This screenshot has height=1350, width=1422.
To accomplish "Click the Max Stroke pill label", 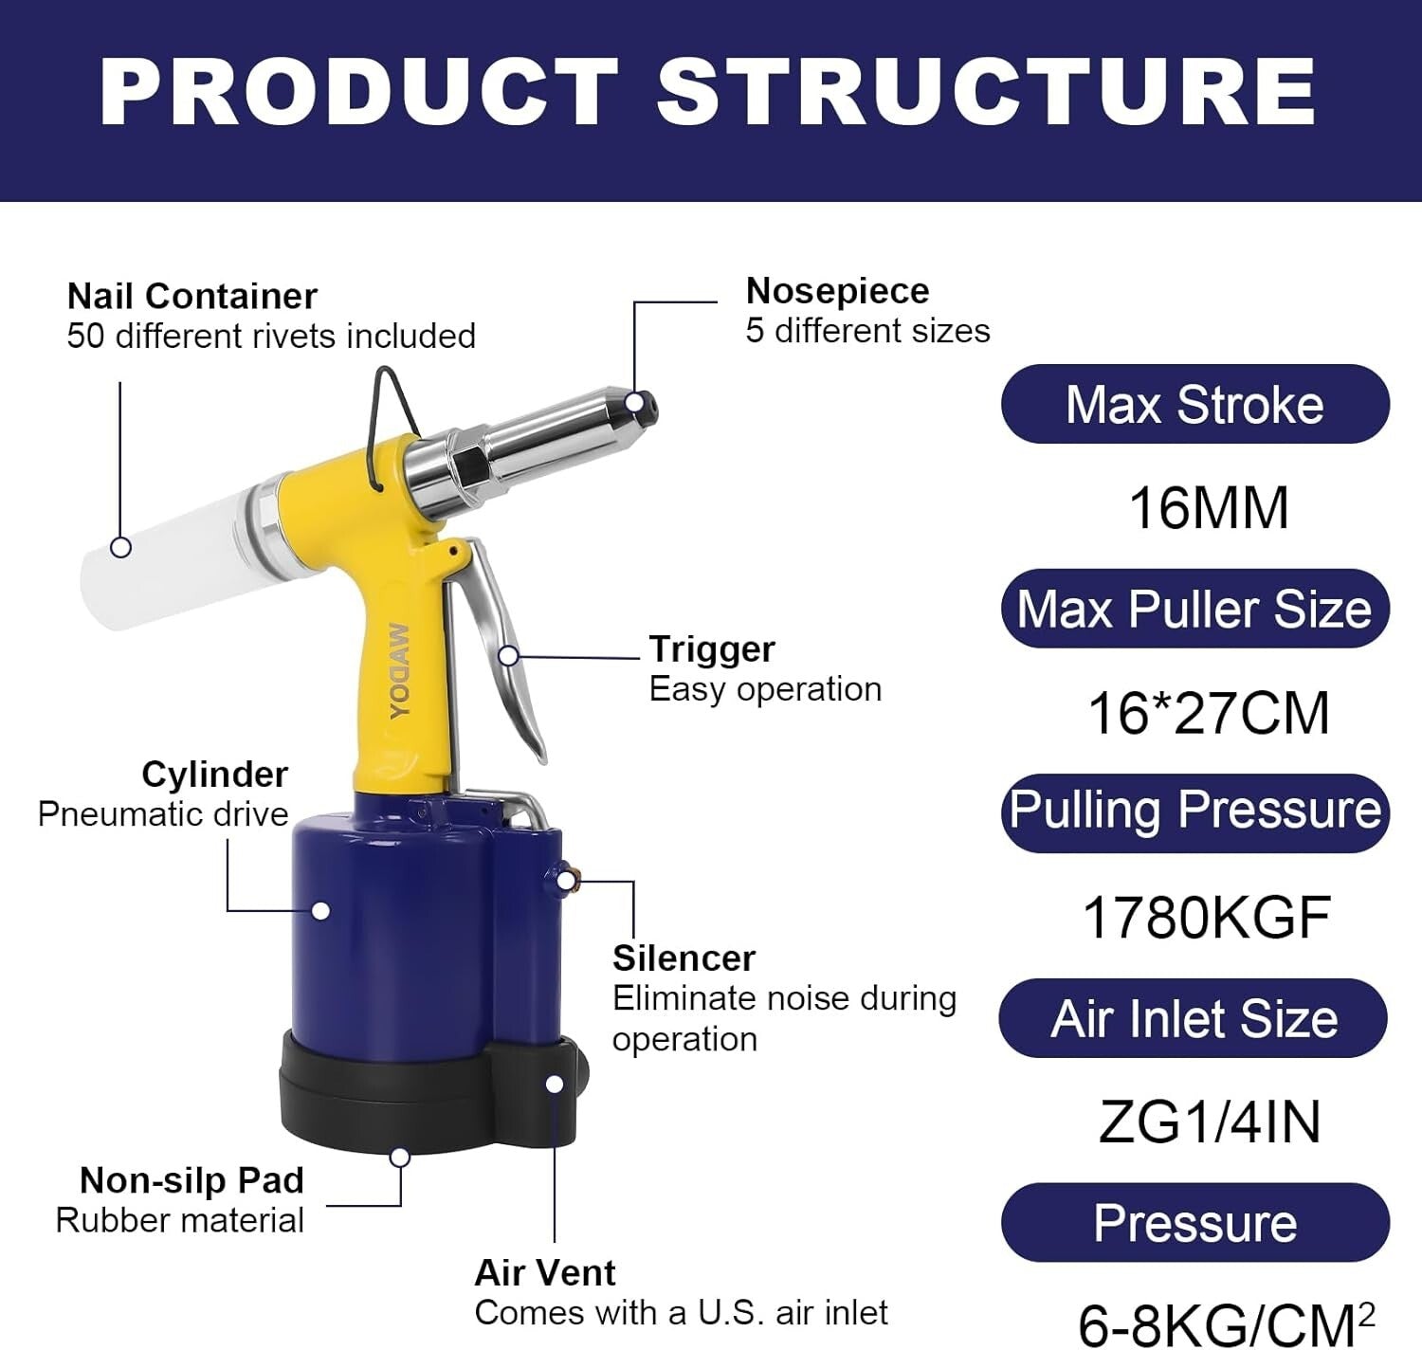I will coord(1194,405).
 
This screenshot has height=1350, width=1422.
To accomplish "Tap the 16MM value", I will coord(1209,508).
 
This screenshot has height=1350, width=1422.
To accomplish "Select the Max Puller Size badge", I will coord(1194,609).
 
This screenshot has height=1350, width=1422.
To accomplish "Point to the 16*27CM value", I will coord(1209,713).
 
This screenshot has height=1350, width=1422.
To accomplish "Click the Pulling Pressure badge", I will coord(1194,812).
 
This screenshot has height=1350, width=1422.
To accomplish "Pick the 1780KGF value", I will coord(1207,918).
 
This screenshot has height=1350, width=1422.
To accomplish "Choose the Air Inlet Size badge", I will coord(1194,1019).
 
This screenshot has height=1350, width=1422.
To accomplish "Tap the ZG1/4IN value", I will coord(1209,1122).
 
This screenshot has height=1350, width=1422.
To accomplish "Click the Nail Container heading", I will coord(191,297).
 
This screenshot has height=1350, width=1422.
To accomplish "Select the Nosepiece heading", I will coord(837,291).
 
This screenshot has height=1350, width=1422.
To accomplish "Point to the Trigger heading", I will coord(711,649).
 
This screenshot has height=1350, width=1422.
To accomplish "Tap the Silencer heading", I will coord(684,958).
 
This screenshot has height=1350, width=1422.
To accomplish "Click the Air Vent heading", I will coord(545,1272).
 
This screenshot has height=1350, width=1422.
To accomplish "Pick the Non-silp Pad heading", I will coord(191,1180).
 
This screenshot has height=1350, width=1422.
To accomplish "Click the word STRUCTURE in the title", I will coord(986,92).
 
